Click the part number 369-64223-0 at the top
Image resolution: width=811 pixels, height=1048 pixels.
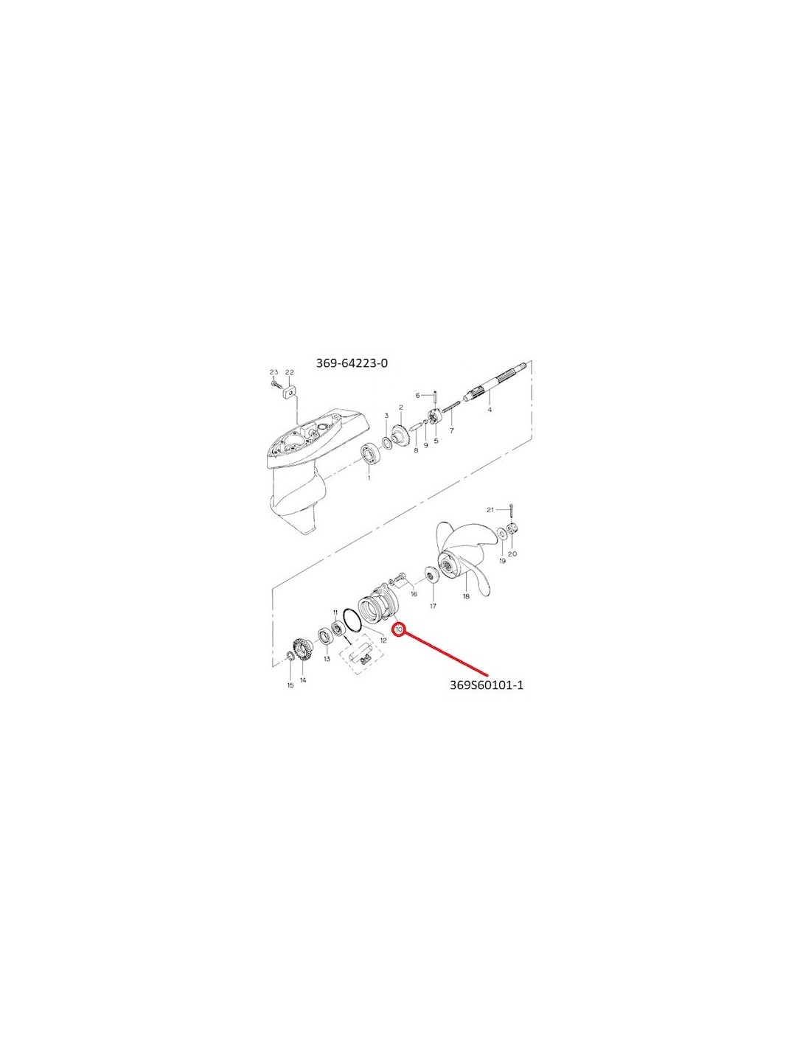351,363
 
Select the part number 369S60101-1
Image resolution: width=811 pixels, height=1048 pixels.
487,685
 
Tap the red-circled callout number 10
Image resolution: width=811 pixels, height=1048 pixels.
399,629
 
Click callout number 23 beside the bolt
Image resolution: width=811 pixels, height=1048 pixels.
274,372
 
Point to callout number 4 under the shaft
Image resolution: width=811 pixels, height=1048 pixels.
490,410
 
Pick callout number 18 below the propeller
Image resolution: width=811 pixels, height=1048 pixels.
466,596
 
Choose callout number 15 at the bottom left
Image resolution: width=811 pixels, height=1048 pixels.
290,685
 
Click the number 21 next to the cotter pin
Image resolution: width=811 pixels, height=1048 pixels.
490,510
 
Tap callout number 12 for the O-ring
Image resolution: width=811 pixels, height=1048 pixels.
383,640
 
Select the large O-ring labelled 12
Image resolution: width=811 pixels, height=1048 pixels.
352,620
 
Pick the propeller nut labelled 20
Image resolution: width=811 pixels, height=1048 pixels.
513,528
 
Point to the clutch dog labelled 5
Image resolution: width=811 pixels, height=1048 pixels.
434,417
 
